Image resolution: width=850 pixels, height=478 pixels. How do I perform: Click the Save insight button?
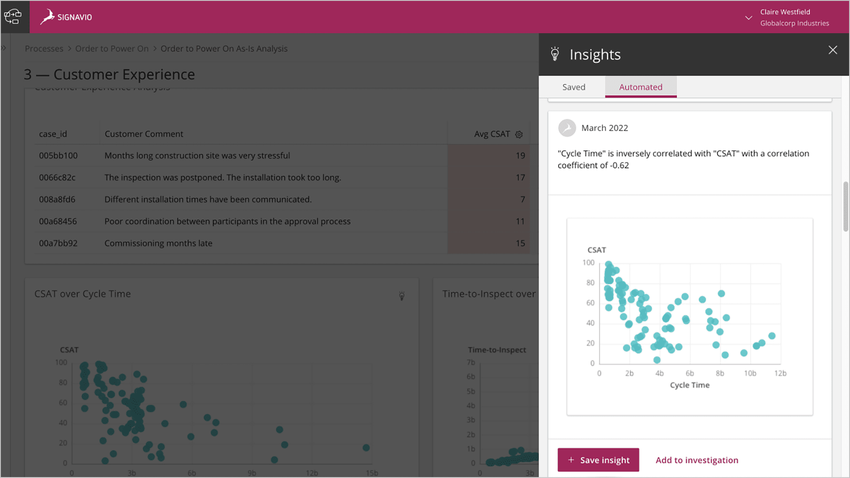[598, 460]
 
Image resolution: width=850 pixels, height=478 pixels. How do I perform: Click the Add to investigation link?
[696, 460]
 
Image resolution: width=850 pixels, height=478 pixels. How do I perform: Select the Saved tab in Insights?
[573, 87]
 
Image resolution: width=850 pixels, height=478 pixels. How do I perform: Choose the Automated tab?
[640, 87]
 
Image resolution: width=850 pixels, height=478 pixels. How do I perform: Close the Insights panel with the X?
[832, 50]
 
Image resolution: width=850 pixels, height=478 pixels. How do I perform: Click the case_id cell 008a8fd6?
[57, 199]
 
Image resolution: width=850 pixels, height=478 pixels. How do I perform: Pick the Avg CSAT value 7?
[522, 199]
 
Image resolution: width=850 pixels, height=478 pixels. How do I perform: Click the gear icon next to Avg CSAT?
[519, 134]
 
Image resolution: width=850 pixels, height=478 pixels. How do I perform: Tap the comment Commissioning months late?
[158, 243]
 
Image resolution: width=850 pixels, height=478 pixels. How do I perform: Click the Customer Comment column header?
[143, 134]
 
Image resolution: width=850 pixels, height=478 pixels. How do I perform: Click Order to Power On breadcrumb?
[112, 49]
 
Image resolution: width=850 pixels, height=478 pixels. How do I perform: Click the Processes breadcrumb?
[44, 49]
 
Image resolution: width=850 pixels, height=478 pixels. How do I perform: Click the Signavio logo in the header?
[66, 17]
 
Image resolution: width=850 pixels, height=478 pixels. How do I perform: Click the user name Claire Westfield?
[785, 12]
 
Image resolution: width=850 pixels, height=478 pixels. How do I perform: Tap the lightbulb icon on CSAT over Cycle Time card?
[402, 296]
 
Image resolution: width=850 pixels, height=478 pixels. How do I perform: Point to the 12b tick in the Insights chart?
[780, 373]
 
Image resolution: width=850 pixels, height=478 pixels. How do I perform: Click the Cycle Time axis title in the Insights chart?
[689, 385]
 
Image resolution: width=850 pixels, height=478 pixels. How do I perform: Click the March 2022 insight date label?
[604, 128]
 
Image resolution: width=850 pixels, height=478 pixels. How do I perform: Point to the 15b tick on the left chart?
[371, 473]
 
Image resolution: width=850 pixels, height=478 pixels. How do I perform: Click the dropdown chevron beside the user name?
[748, 18]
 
